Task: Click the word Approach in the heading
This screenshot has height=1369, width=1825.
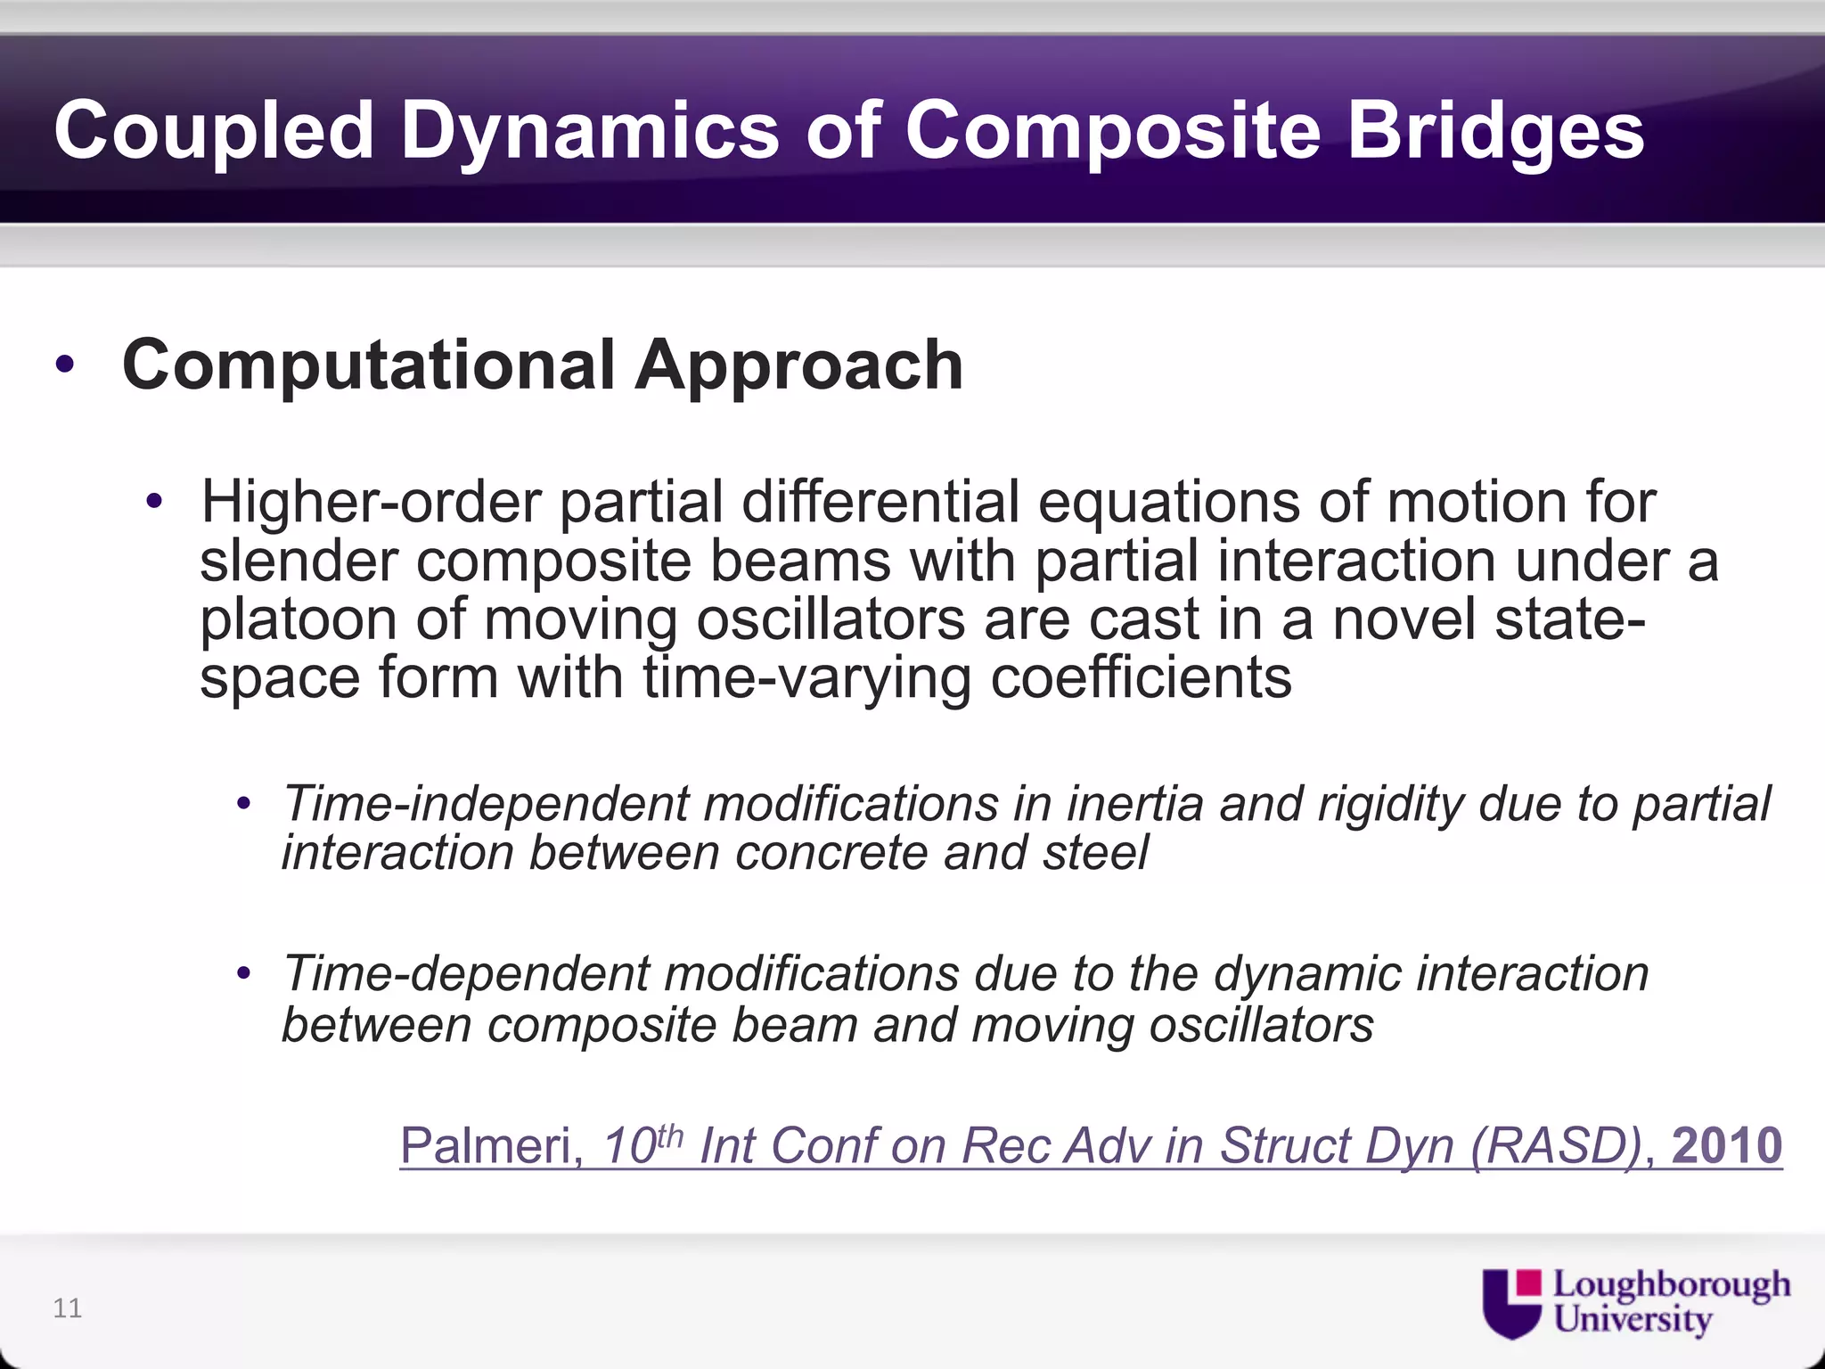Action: pos(798,365)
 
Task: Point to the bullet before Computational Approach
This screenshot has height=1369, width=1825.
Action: pos(64,365)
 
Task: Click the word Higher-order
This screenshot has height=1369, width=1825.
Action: pos(371,502)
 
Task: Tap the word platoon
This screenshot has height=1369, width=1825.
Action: pos(299,619)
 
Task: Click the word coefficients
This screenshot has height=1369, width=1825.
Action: pos(1141,677)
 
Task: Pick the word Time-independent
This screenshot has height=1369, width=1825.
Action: pos(486,804)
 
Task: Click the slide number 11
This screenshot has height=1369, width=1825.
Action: pos(68,1308)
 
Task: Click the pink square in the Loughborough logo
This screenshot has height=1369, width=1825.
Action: pos(1529,1283)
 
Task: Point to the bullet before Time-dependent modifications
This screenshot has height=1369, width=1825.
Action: pos(244,974)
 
